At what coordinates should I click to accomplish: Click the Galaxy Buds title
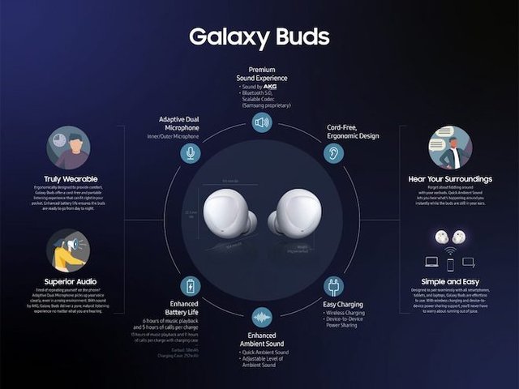[x=259, y=36]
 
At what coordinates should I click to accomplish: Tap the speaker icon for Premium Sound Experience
[x=261, y=123]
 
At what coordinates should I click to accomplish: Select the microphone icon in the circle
[x=190, y=152]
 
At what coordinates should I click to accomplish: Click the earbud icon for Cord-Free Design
[x=333, y=152]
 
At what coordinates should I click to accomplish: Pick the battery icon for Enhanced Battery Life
[x=191, y=286]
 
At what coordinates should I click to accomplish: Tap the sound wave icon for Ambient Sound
[x=261, y=316]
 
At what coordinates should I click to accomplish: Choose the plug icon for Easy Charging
[x=332, y=286]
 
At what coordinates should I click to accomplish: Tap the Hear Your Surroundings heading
[x=451, y=179]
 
